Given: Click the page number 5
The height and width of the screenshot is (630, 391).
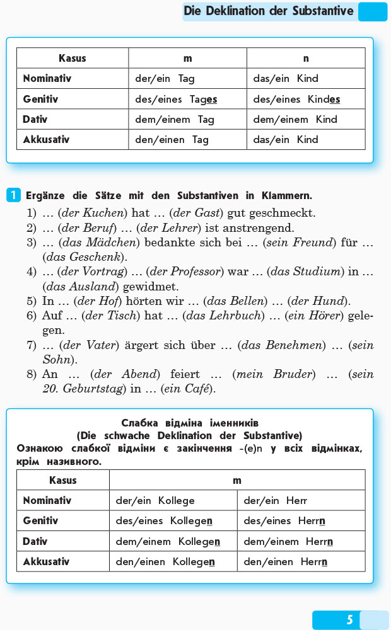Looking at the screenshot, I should (349, 620).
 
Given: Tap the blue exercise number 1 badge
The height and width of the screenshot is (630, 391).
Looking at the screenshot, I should (14, 195).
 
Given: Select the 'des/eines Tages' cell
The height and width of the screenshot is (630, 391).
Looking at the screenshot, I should (176, 99).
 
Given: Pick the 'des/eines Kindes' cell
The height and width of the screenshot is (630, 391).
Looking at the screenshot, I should (296, 99).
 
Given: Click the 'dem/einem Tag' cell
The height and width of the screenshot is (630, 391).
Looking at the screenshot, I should (175, 119).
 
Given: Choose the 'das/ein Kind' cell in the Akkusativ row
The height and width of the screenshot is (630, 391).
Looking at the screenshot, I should (286, 139).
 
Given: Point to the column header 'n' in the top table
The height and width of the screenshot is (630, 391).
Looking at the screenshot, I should (306, 58).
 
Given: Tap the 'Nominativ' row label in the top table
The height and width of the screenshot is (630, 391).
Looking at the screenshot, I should (47, 79).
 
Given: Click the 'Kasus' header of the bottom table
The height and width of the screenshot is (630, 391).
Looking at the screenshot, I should (62, 480).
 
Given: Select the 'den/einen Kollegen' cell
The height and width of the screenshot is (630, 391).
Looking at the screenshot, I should (165, 561).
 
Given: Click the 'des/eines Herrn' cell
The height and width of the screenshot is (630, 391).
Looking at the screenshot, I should (284, 521).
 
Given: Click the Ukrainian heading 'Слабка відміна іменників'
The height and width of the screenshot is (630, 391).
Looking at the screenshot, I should (189, 423).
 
